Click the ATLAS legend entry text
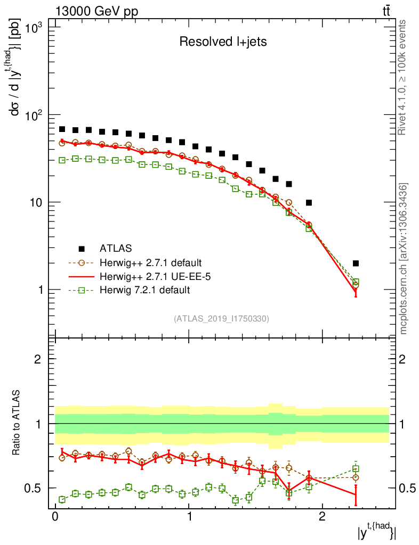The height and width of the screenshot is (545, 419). point(116,249)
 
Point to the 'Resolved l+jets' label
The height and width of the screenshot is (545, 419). point(223,42)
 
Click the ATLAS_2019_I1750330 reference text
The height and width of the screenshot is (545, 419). point(221,319)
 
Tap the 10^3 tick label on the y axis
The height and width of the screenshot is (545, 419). point(33,28)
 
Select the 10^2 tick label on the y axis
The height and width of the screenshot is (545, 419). point(33,115)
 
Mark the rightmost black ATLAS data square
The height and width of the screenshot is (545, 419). point(356,263)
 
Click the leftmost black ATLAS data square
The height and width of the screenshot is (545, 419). point(62,129)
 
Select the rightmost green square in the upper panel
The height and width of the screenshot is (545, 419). point(356,282)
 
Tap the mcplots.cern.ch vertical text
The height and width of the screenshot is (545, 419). point(404,259)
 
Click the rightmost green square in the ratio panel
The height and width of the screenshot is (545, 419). point(356,469)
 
